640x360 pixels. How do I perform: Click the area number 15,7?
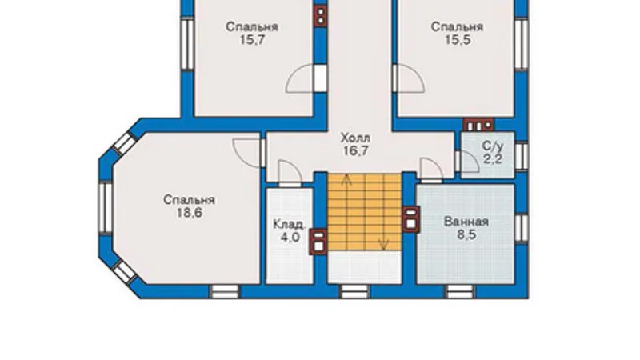click(x=252, y=41)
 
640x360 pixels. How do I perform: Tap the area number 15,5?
click(x=458, y=41)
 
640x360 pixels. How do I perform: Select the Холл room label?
click(x=355, y=138)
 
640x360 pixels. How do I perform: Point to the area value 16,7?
click(x=355, y=151)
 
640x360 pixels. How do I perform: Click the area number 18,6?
click(x=190, y=213)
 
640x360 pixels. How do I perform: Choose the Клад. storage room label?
click(x=290, y=224)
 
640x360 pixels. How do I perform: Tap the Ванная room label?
click(x=466, y=222)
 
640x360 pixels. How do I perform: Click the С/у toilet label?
click(x=493, y=146)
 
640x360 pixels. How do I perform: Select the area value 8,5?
click(x=466, y=235)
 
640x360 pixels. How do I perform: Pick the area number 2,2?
click(x=493, y=159)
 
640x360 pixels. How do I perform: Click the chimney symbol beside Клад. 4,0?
click(x=318, y=242)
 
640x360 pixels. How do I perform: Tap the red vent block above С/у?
click(x=478, y=125)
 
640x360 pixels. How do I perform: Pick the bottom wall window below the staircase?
click(x=354, y=291)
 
